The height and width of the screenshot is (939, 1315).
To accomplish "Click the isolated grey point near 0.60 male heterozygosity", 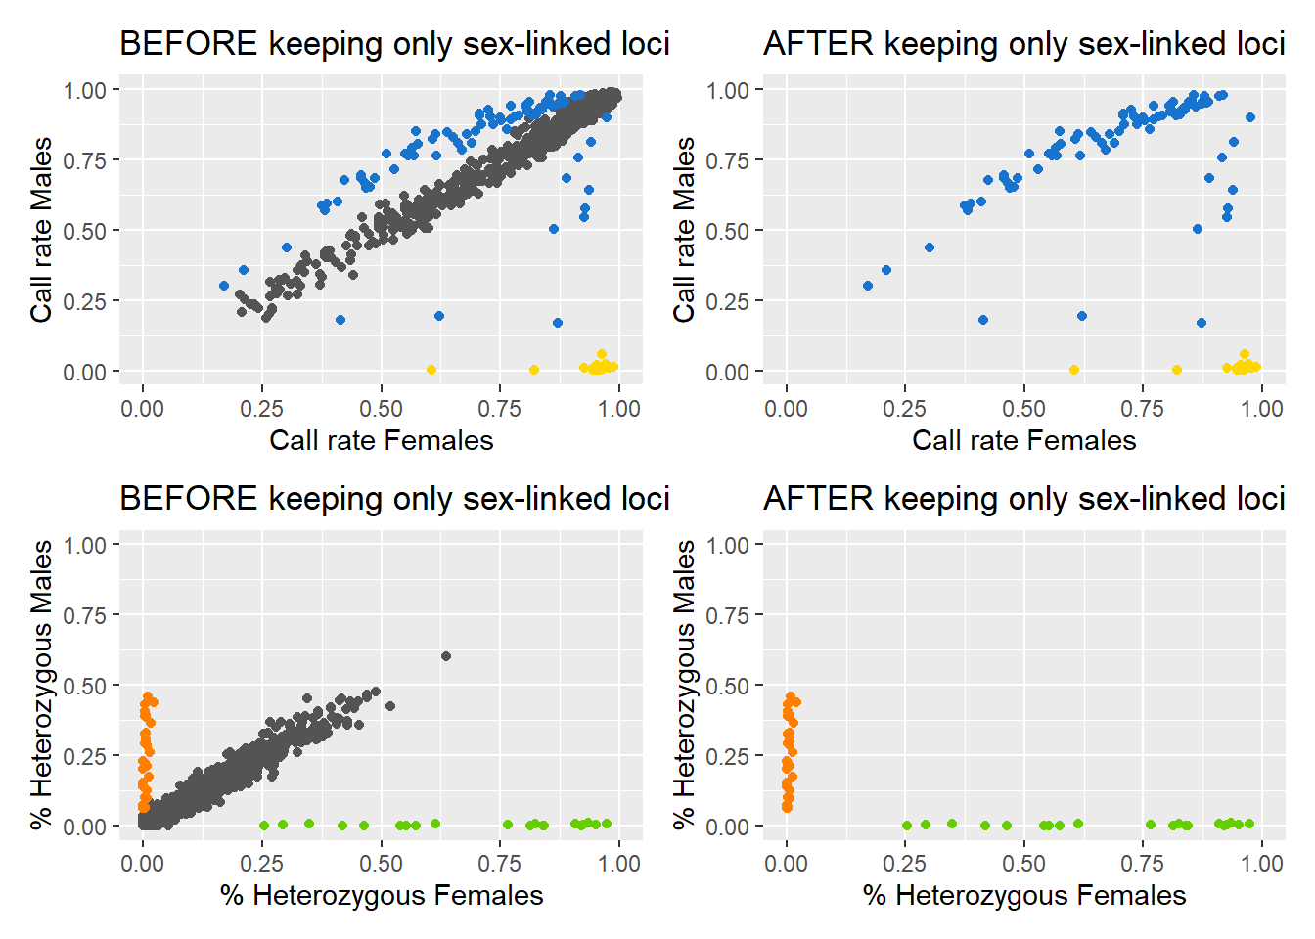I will (446, 656).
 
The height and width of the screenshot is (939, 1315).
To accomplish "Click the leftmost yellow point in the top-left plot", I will (431, 370).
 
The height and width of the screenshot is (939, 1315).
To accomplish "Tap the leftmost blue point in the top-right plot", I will (868, 286).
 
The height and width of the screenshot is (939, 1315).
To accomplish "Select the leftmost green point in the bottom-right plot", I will (907, 826).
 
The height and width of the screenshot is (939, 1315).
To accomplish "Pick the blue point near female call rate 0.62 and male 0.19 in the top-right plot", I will (1082, 316).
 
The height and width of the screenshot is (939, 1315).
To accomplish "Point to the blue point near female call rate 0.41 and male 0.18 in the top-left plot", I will (340, 320).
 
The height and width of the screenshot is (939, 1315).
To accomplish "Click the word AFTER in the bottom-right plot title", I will (818, 499).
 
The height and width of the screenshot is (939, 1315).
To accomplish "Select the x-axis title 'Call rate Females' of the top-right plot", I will (1023, 440).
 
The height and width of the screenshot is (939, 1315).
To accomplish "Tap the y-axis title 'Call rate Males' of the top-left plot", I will (41, 230).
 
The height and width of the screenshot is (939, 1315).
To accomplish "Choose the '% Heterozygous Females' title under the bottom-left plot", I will (382, 895).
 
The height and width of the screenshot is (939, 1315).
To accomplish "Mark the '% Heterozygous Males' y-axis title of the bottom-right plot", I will (685, 685).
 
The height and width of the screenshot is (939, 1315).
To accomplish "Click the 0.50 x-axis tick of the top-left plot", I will (381, 408).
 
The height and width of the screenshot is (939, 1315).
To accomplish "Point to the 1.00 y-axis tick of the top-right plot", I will (727, 90).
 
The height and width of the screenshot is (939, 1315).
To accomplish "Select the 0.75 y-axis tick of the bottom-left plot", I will (85, 615).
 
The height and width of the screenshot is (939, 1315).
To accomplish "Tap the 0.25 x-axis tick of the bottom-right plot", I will (905, 864).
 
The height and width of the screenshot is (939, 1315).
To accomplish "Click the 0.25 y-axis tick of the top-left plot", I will (85, 301).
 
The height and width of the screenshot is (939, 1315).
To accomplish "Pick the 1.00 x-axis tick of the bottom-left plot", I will (618, 864).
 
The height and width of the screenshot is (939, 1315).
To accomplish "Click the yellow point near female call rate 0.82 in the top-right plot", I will (1177, 370).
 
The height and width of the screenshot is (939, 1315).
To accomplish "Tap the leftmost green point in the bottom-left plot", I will (263, 826).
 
